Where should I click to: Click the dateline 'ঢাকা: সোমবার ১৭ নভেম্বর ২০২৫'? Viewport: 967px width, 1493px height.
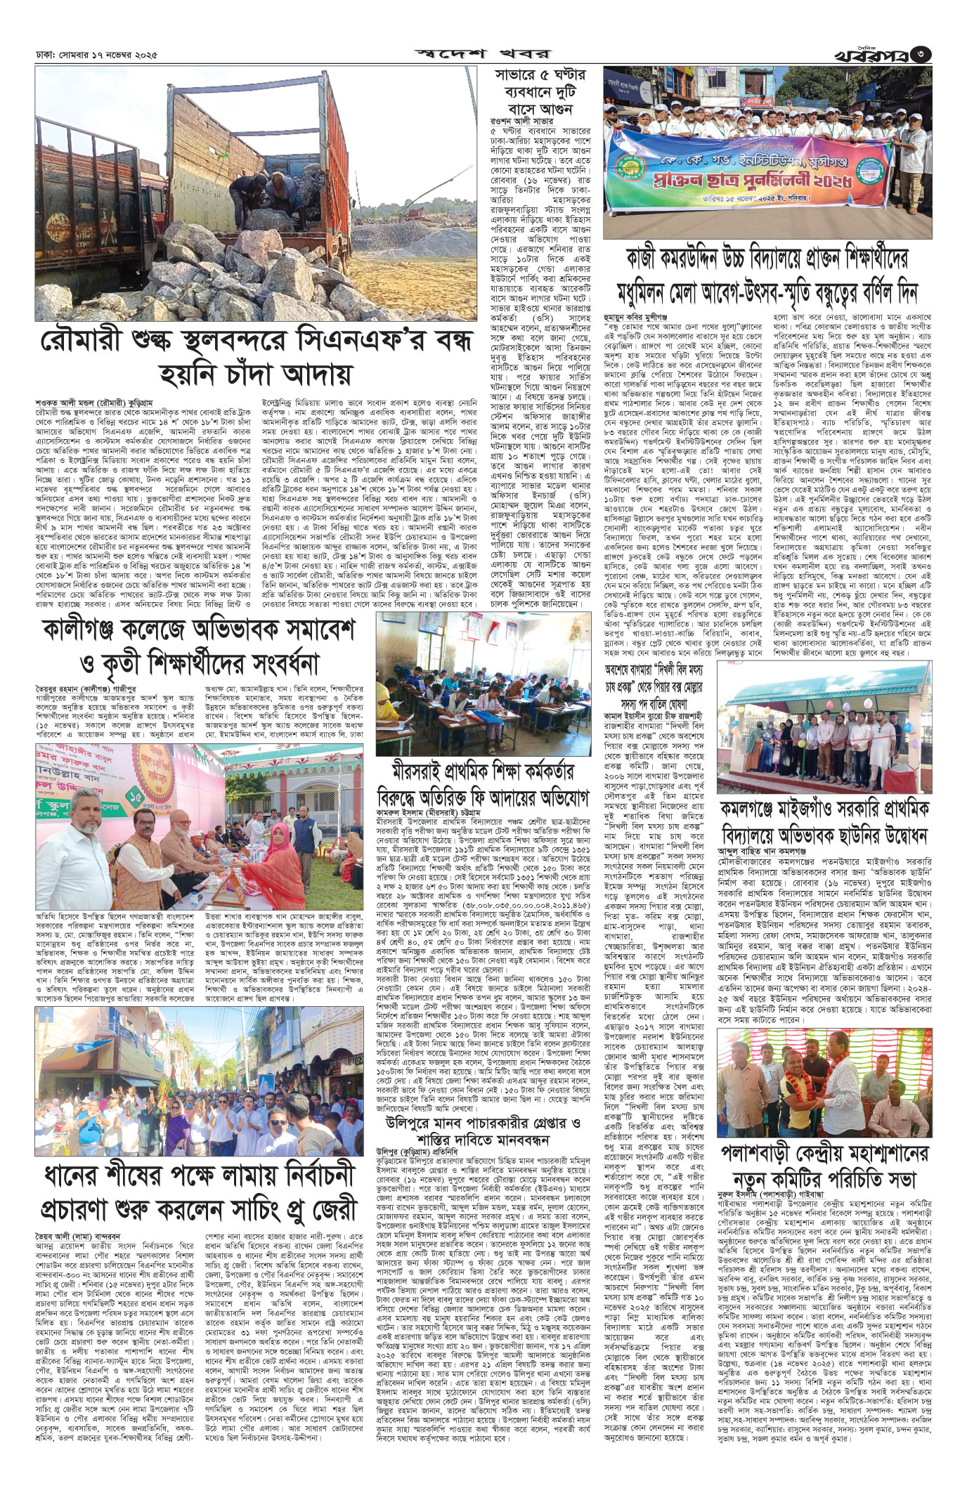pos(96,53)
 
